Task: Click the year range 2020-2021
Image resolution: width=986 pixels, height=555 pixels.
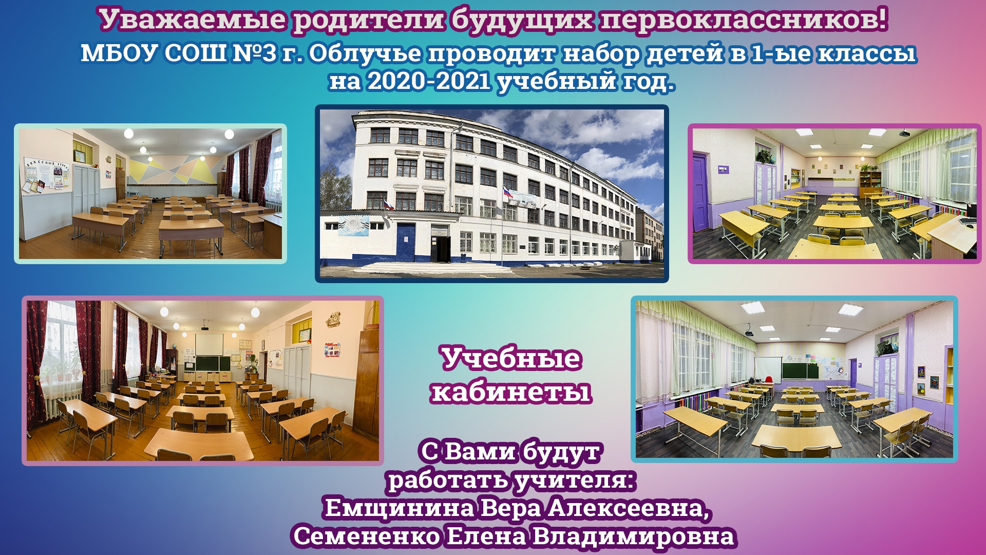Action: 429,81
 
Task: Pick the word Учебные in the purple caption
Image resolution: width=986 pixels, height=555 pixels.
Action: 511,358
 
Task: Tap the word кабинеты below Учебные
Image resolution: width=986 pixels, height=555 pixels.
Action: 511,392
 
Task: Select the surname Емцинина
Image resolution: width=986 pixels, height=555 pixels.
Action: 400,509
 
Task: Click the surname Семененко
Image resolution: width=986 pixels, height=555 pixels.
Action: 367,536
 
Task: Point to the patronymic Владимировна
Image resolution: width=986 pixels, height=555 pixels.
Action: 633,536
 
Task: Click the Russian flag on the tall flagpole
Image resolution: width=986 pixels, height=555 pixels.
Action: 507,194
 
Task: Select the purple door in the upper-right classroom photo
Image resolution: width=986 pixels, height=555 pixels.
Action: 699,194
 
